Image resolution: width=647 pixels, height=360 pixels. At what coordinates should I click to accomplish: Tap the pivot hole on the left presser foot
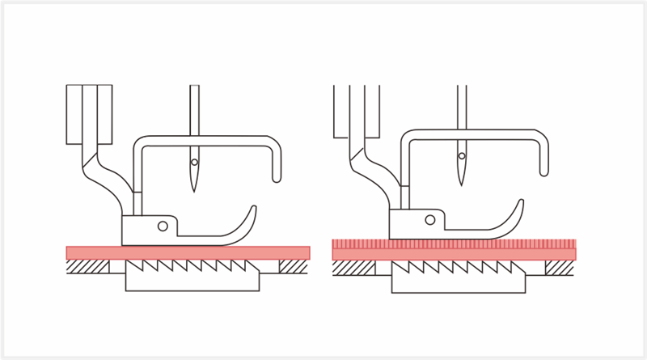(x=163, y=226)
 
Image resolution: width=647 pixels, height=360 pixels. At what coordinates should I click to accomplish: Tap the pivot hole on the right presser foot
(x=430, y=218)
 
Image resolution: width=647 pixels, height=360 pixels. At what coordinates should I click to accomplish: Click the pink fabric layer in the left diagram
(x=188, y=252)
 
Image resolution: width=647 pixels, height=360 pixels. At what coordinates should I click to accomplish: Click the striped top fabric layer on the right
(x=453, y=243)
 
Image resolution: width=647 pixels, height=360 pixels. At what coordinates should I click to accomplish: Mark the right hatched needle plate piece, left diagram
(x=293, y=265)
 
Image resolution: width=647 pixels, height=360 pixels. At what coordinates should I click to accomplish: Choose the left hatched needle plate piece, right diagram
(x=355, y=266)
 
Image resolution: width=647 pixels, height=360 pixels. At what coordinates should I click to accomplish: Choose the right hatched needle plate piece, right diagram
(x=560, y=266)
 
